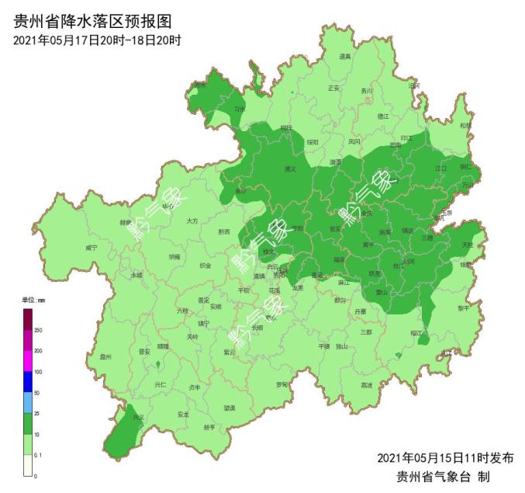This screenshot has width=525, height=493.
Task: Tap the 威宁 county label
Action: (x=92, y=248)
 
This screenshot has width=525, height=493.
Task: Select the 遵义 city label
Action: (x=291, y=168)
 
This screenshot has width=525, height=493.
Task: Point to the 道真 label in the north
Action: (x=345, y=57)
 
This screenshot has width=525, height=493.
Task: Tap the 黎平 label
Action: (x=463, y=307)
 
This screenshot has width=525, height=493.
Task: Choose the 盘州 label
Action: (x=106, y=357)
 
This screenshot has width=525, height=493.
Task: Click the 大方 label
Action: (x=192, y=221)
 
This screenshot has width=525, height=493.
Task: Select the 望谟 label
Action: (x=230, y=406)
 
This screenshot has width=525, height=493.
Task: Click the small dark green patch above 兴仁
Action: (x=158, y=364)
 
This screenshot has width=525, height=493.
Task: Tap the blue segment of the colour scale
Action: (x=28, y=383)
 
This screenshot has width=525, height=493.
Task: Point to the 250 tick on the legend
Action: (x=38, y=330)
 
